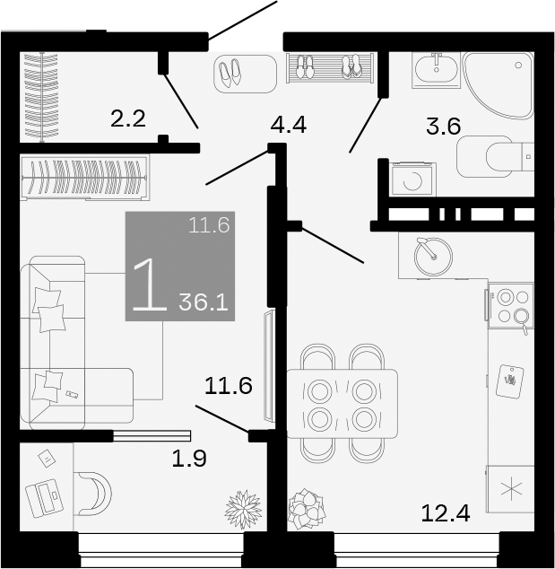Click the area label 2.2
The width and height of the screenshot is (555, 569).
[127, 118]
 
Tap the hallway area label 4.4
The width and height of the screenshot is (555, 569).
[289, 126]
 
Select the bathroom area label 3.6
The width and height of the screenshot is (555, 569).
[443, 127]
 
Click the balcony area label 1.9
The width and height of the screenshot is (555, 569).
[189, 459]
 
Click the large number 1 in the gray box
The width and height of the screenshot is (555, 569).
[149, 285]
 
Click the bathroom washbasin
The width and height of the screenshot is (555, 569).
[436, 69]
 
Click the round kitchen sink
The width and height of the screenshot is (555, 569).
[433, 255]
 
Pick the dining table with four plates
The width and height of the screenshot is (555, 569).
[341, 404]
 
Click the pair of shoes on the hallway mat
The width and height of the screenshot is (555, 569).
[231, 72]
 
